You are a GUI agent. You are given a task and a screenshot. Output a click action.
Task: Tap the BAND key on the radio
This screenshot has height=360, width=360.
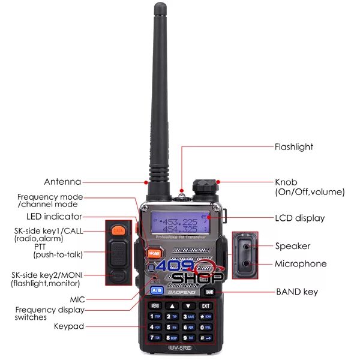(x=208, y=292)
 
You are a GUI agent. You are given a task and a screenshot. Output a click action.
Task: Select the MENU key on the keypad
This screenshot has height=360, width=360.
(x=155, y=305)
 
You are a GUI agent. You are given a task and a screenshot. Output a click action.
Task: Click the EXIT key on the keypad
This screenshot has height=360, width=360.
(x=206, y=305)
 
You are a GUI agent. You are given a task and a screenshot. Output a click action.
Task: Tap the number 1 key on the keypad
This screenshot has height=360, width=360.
(x=155, y=316)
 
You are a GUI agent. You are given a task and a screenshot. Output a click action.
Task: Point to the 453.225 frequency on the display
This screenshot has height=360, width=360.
(x=184, y=220)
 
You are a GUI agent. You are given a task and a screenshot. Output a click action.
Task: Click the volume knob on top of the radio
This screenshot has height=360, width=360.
(x=202, y=183)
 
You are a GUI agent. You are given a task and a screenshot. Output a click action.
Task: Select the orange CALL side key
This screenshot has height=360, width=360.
(x=119, y=230)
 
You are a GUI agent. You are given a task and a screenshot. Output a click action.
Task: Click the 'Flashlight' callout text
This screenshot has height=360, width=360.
(x=294, y=146)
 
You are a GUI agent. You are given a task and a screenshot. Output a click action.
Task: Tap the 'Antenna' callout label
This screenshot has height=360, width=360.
(x=62, y=182)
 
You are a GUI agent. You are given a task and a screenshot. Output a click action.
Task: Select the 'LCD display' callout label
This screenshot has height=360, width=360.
(x=299, y=218)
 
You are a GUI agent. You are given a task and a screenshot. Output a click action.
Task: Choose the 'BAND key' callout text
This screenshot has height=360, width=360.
(x=297, y=292)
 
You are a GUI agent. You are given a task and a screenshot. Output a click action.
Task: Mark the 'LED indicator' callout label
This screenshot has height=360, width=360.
(x=54, y=217)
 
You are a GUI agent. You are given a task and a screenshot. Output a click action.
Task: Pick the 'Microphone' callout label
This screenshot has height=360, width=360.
(x=301, y=263)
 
